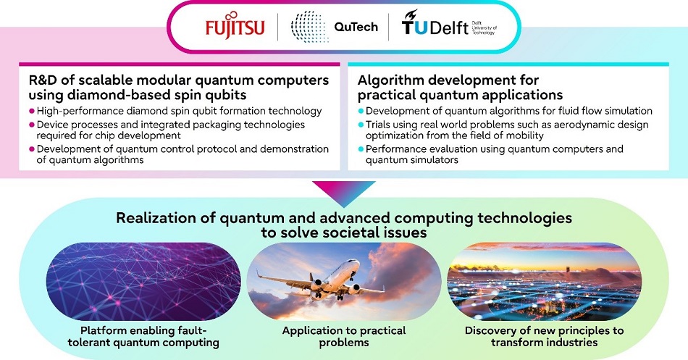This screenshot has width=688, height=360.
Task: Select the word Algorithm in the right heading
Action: (392, 79)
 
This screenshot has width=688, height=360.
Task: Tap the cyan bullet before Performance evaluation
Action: (361, 149)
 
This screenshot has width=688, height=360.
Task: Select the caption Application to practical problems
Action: (343, 335)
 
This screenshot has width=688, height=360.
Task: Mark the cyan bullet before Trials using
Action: (361, 125)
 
